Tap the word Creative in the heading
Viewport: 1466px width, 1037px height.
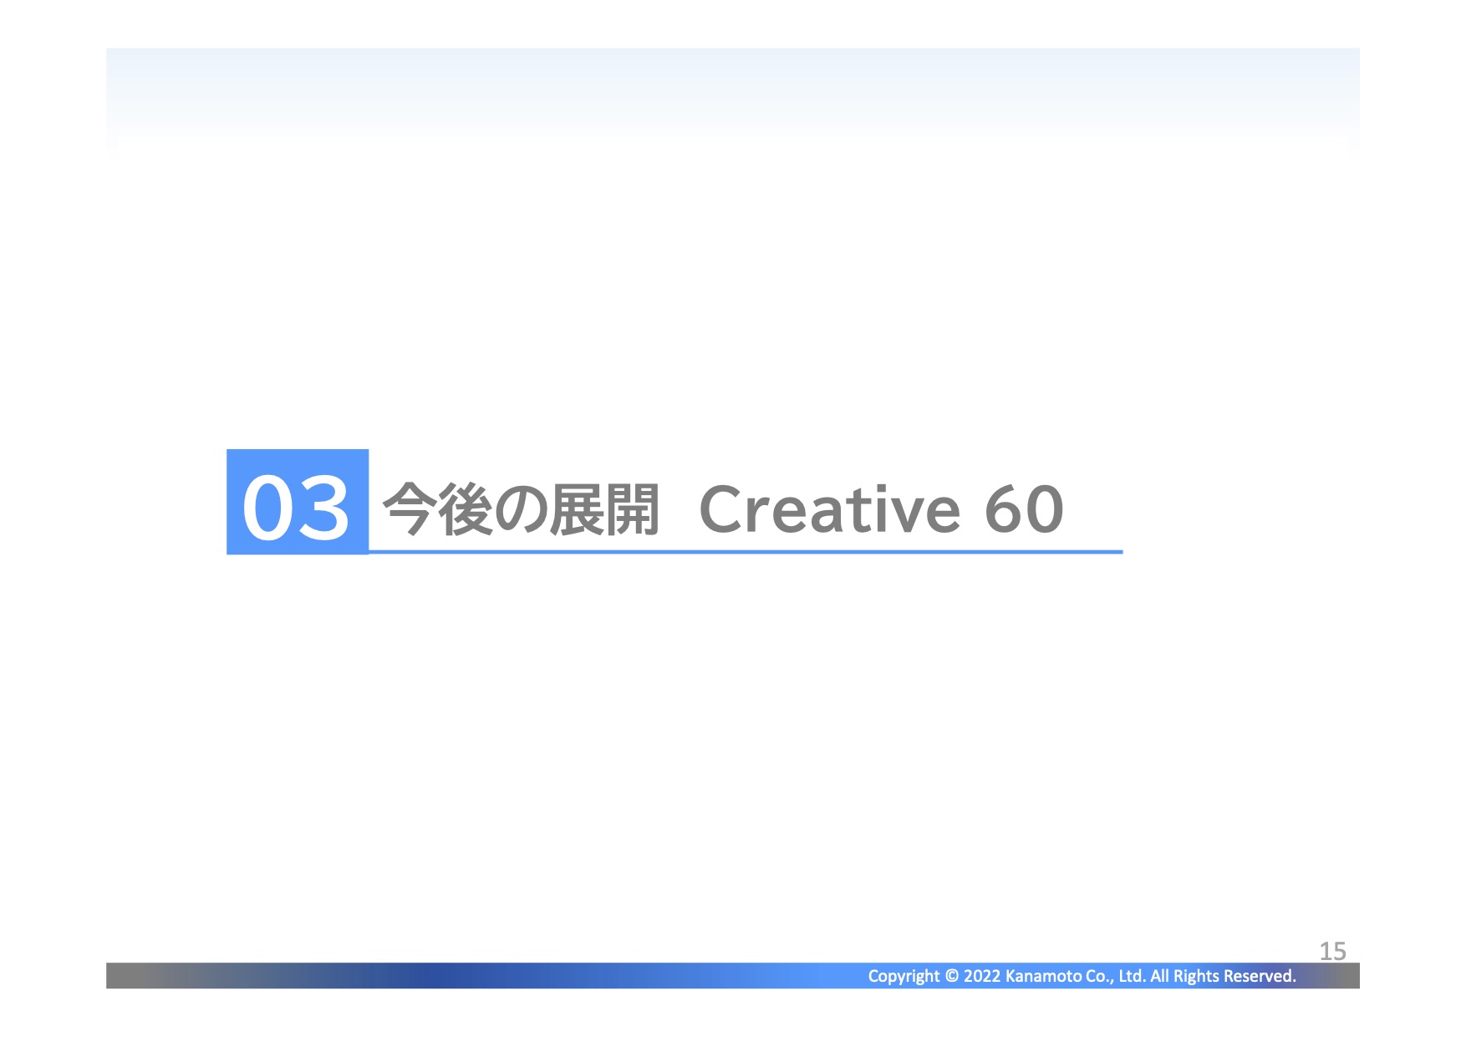point(830,508)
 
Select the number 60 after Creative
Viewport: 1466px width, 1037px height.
point(1024,508)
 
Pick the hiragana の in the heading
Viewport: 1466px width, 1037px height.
point(521,508)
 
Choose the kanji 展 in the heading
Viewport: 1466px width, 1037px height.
point(577,508)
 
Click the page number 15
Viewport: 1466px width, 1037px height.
point(1332,951)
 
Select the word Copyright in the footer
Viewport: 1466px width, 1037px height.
point(904,976)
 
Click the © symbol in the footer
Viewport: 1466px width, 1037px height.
point(951,975)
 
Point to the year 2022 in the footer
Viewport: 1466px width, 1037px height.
point(982,975)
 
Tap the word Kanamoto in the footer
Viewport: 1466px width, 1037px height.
point(1043,975)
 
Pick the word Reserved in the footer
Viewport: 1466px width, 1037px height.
point(1260,975)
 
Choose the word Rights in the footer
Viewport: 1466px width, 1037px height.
point(1196,976)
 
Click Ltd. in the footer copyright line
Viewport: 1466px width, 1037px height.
point(1132,975)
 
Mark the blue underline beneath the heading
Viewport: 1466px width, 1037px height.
point(746,552)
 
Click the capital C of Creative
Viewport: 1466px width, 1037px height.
point(723,508)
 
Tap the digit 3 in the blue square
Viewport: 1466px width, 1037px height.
point(323,508)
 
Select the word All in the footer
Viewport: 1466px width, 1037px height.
point(1159,975)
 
